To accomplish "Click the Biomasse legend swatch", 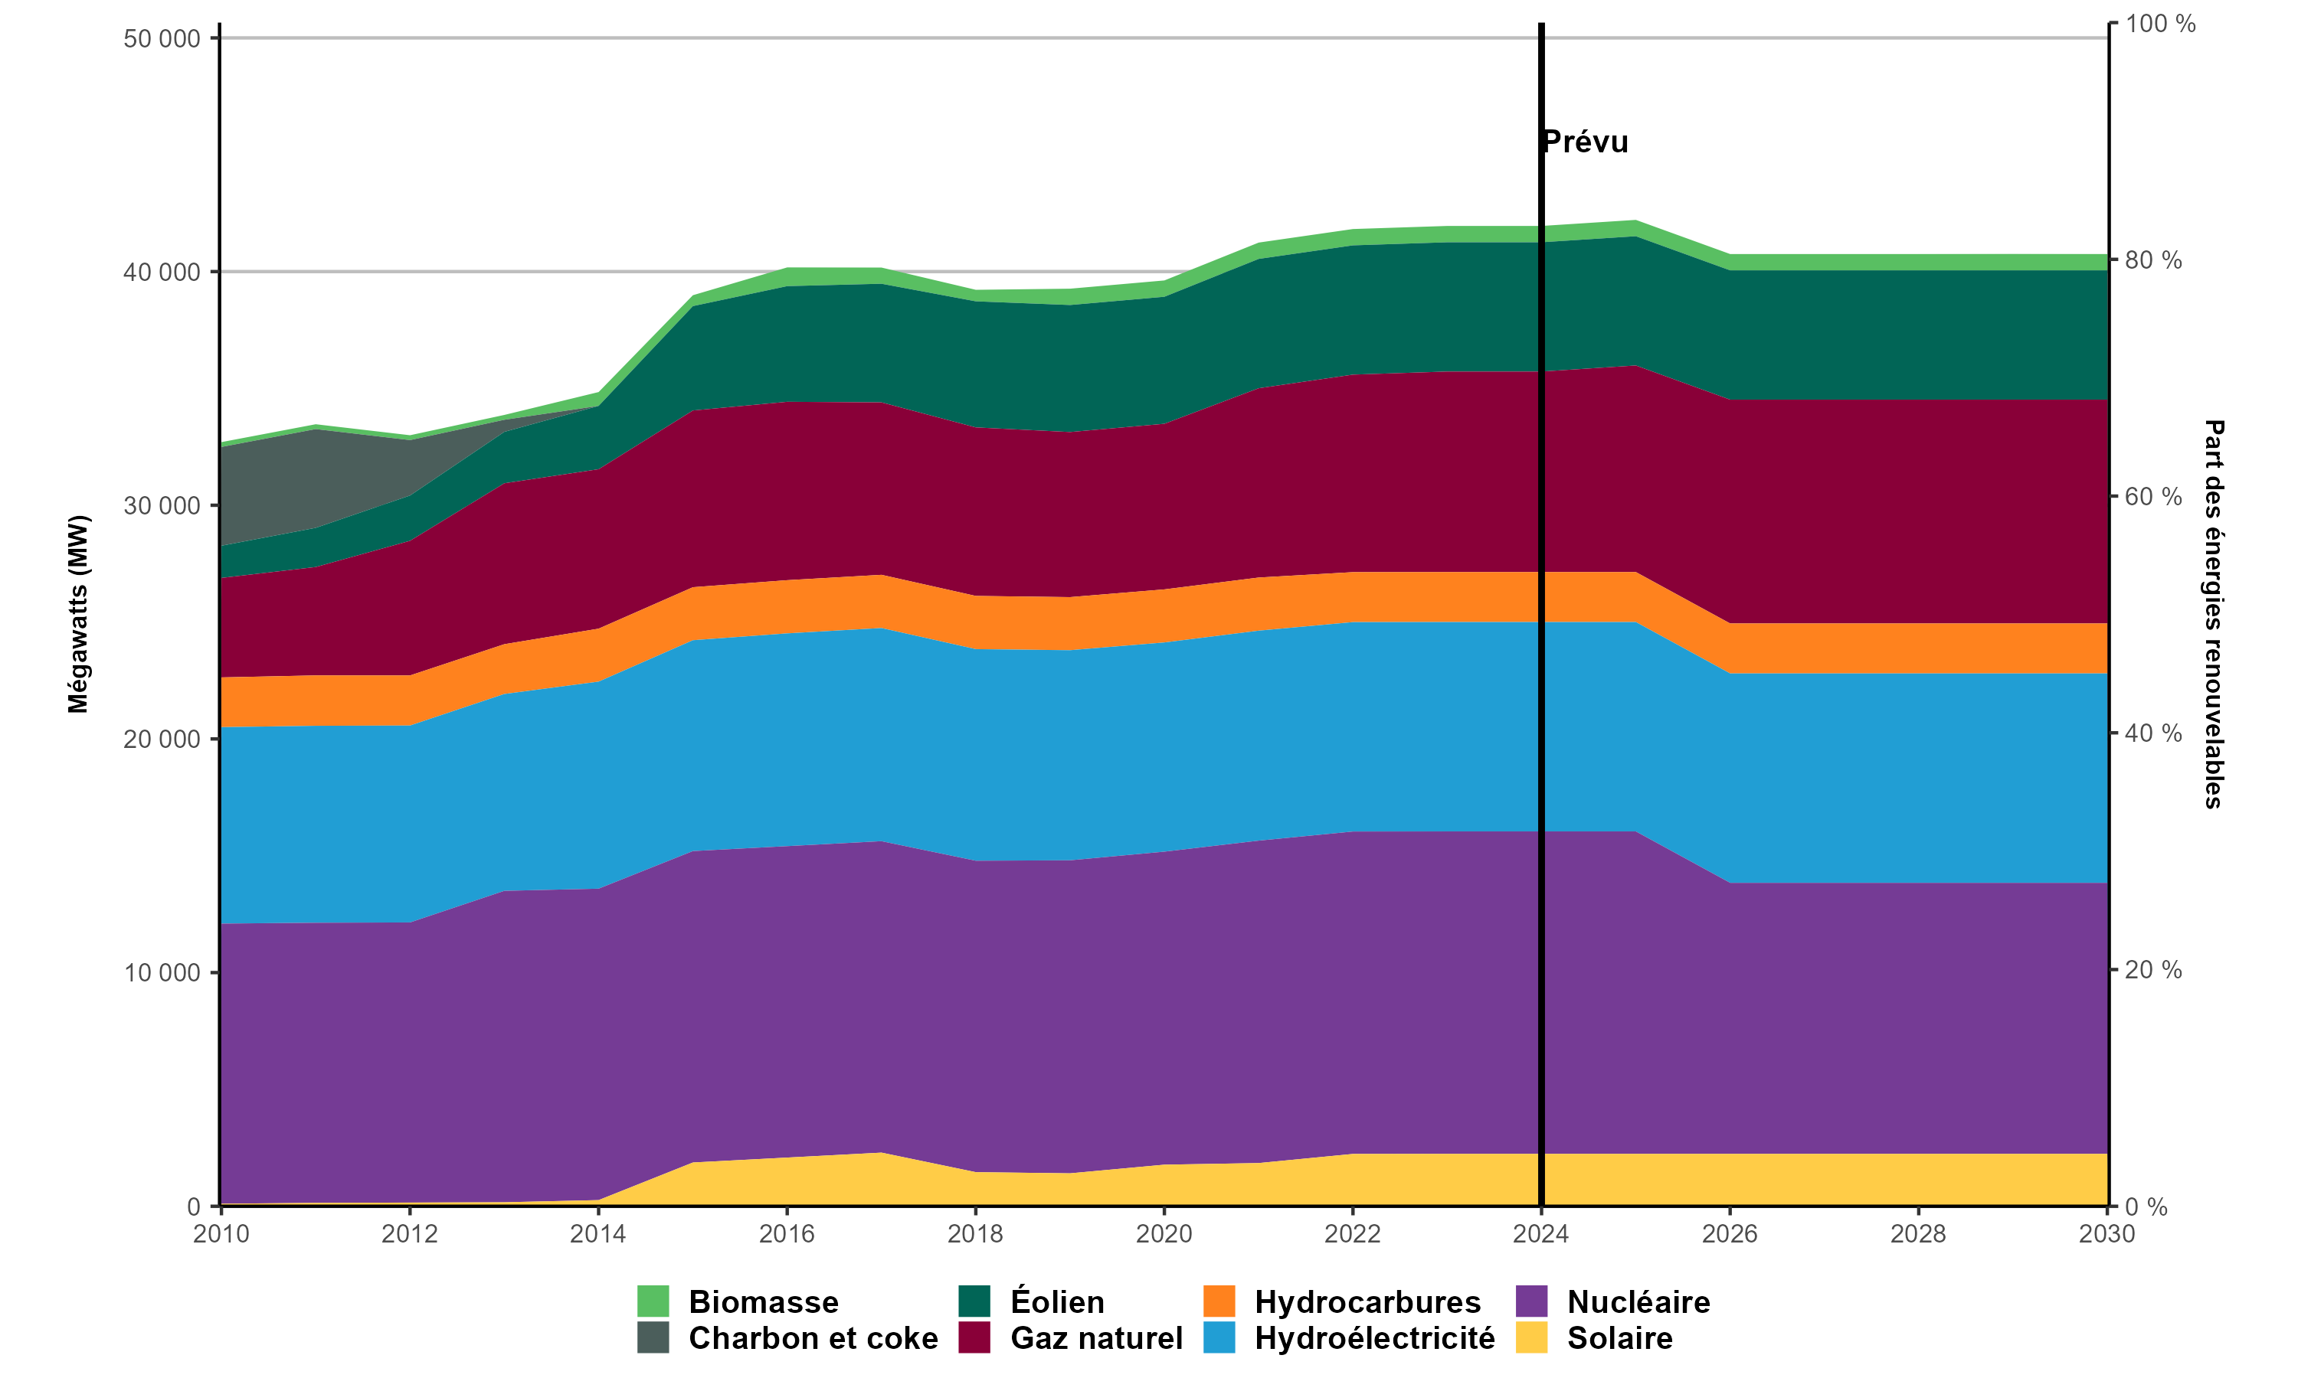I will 653,1301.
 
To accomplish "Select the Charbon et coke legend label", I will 813,1338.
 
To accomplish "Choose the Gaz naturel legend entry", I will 1096,1338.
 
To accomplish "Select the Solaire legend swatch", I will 1532,1338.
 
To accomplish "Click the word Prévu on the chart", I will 1586,142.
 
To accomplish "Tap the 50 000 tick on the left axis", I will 162,39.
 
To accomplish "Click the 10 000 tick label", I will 162,973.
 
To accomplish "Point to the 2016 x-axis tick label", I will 787,1234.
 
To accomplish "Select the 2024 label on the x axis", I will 1541,1234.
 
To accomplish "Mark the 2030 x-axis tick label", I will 2106,1234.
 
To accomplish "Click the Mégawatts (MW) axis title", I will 78,614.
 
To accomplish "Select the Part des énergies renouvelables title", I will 2214,614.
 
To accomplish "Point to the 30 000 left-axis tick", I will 162,506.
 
